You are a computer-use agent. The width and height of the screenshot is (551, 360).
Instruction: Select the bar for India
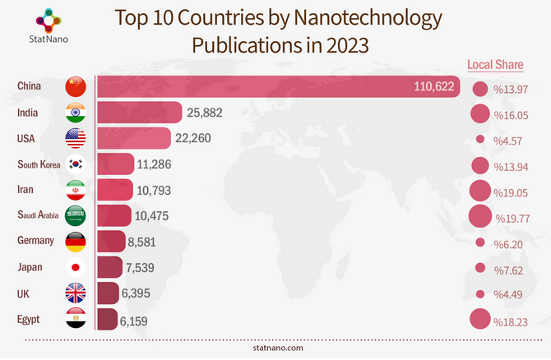(x=139, y=113)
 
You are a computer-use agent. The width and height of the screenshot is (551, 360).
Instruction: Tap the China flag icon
(x=76, y=86)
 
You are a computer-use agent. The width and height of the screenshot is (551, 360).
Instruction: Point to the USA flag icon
(x=76, y=138)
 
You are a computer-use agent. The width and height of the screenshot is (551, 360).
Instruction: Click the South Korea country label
(x=39, y=164)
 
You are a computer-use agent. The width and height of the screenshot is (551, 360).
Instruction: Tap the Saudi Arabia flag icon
(x=76, y=216)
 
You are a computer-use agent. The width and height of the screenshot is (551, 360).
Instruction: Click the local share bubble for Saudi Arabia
(x=479, y=217)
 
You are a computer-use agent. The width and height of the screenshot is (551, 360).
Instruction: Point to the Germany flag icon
(x=76, y=242)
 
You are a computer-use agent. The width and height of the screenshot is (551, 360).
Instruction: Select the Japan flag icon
(x=76, y=268)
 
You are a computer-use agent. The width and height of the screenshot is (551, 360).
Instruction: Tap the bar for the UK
(x=108, y=293)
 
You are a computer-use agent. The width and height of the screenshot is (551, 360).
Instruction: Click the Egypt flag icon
(x=76, y=319)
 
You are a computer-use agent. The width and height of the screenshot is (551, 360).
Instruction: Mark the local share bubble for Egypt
(x=479, y=319)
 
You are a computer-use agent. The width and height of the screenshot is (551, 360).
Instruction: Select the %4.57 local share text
(x=509, y=141)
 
